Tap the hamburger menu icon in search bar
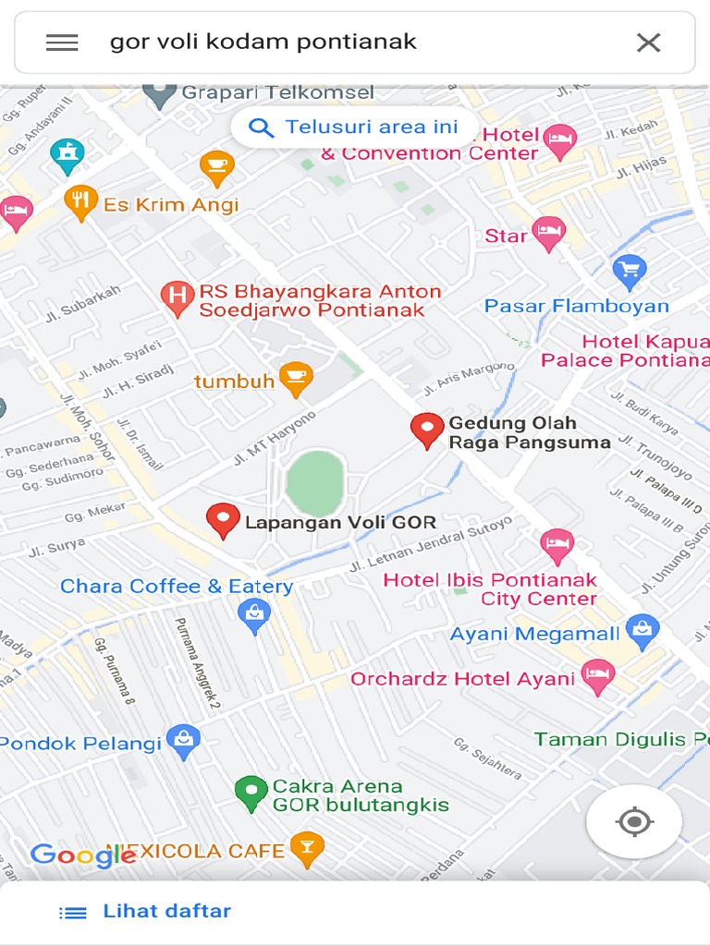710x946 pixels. [62, 42]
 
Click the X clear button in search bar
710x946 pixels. [648, 42]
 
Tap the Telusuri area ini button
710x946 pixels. [355, 127]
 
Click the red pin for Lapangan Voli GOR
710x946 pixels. [223, 520]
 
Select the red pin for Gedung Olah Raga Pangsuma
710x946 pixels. [427, 430]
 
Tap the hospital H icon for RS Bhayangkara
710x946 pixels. [177, 298]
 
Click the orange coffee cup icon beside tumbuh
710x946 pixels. [296, 379]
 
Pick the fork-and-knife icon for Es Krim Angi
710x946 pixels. [81, 202]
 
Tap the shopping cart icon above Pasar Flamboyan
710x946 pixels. [630, 272]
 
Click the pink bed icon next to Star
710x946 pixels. [549, 234]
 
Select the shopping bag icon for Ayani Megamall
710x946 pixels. [642, 632]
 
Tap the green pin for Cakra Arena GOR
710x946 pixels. [251, 793]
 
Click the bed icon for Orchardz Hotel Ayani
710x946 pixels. [598, 676]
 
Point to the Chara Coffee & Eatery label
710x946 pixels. [177, 587]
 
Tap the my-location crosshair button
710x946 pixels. [634, 821]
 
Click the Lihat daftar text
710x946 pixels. [166, 911]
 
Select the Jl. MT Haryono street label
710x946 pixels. [275, 438]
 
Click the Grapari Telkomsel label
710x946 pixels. [277, 92]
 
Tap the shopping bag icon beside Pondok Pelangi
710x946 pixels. [184, 741]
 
